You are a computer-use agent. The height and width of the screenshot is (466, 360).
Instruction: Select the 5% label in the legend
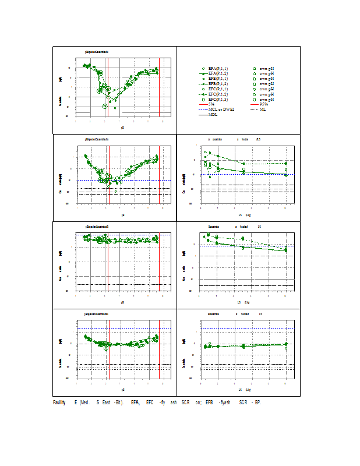pyautogui.click(x=211, y=104)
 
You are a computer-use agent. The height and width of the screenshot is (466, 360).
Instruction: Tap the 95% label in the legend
pyautogui.click(x=264, y=104)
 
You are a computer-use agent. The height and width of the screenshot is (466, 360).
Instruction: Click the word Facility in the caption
pyautogui.click(x=59, y=403)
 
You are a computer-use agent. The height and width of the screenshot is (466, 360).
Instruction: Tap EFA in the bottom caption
pyautogui.click(x=135, y=403)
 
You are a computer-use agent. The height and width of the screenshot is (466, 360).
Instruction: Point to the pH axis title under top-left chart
pyautogui.click(x=122, y=127)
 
